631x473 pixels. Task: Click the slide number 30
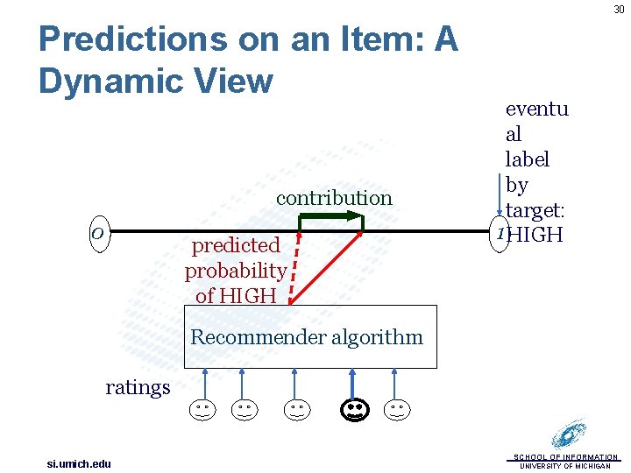coord(618,9)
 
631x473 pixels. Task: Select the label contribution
coord(334,198)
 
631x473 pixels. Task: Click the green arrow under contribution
coord(331,216)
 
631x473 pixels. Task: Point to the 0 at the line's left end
coord(98,233)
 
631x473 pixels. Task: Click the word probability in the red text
coord(235,271)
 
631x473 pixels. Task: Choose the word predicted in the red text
coord(236,245)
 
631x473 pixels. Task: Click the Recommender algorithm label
coord(307,337)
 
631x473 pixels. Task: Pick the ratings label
coord(138,387)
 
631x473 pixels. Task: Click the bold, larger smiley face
coord(353,408)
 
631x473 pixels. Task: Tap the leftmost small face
coord(202,409)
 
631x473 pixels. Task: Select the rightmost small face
coord(397,409)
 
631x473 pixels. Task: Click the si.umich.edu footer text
coord(79,463)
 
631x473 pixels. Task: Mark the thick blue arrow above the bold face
coord(353,383)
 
